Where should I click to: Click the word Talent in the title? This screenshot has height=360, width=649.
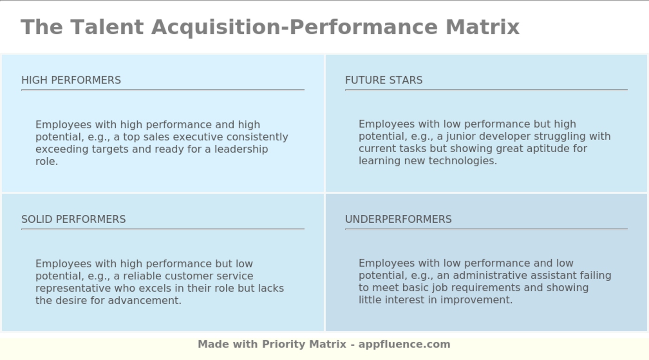(107, 27)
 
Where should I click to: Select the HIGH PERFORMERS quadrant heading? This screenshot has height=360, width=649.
(71, 80)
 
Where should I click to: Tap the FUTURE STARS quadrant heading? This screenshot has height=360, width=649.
(383, 80)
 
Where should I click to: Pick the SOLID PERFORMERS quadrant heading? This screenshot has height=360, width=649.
(73, 219)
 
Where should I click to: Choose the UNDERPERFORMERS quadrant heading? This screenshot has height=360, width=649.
(398, 219)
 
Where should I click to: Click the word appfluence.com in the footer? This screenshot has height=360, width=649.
(404, 344)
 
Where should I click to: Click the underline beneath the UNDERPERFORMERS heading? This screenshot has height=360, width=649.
(486, 229)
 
